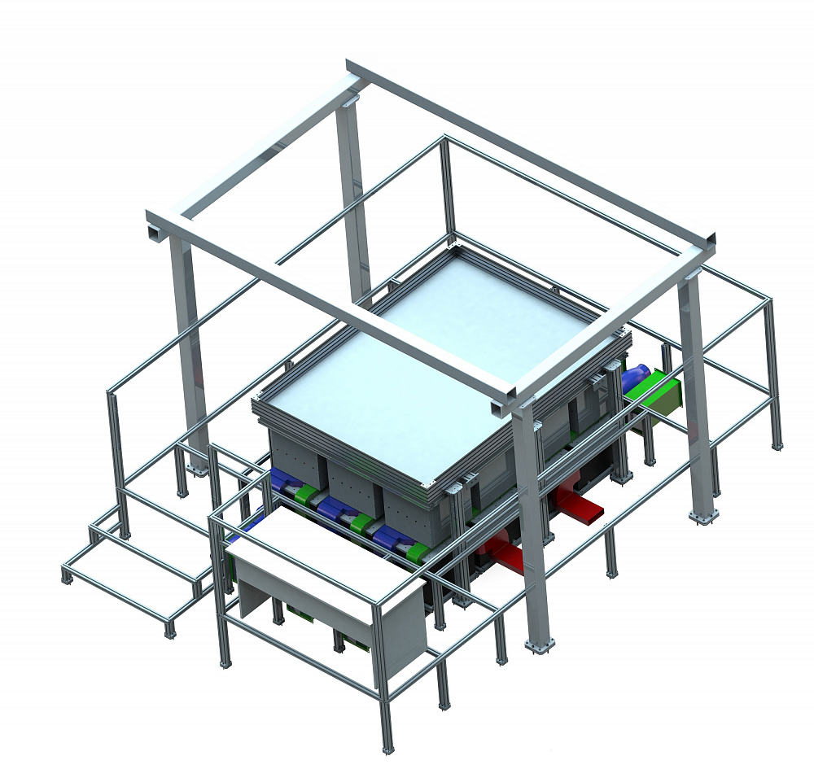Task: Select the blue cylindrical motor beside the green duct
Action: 635,379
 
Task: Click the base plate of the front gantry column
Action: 540,646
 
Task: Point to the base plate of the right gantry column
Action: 702,517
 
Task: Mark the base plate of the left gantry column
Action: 196,469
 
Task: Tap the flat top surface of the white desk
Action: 326,561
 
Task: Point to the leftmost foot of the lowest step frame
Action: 66,579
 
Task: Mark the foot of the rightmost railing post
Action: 778,445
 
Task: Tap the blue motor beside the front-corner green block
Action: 391,537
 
